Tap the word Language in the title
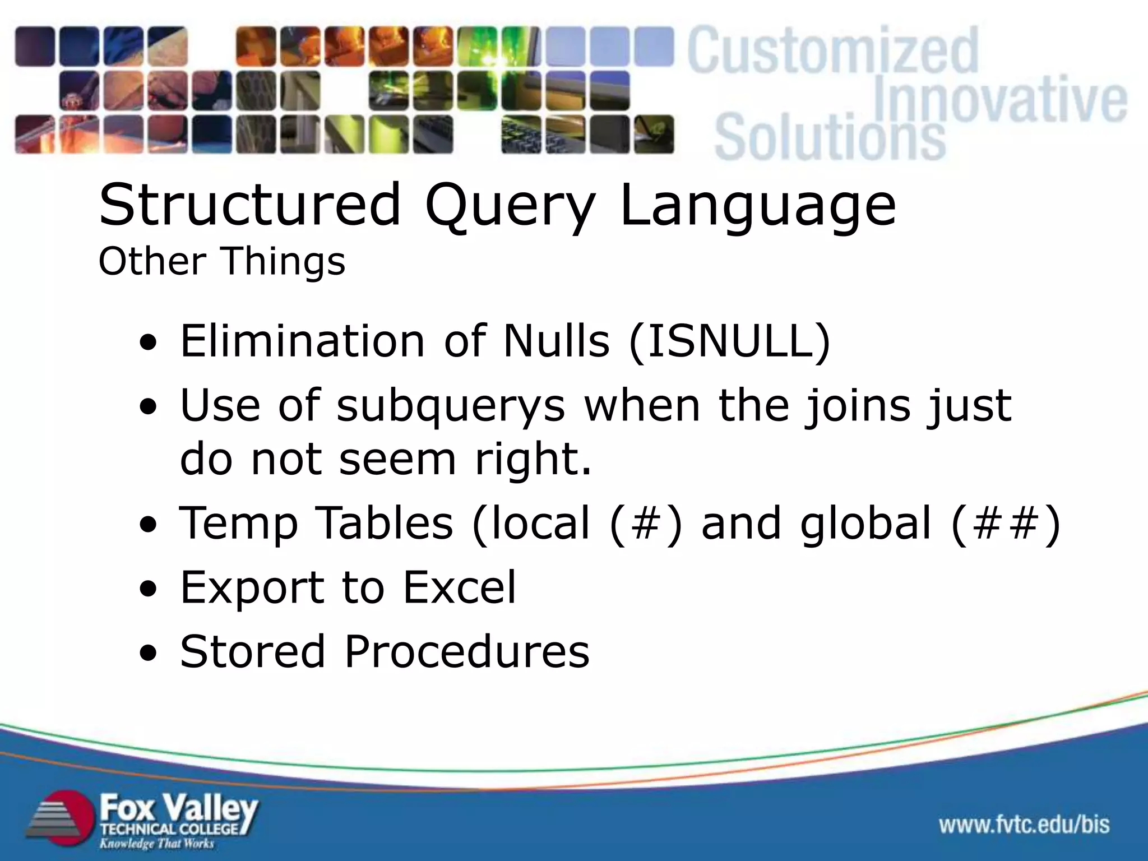click(758, 206)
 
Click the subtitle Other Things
click(221, 261)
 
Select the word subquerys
click(451, 406)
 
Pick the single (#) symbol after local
click(645, 523)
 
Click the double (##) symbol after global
click(1006, 523)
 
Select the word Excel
click(459, 587)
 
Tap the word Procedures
click(466, 651)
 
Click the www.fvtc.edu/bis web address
click(1024, 824)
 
